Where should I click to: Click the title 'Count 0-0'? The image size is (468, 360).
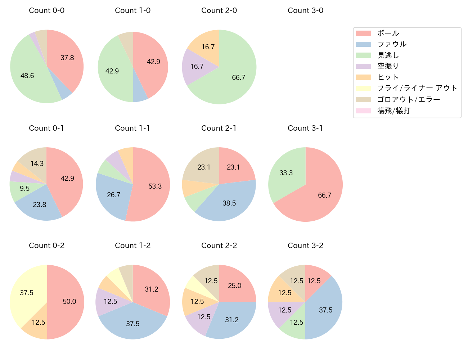click(47, 10)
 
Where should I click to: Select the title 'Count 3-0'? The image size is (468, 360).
click(305, 10)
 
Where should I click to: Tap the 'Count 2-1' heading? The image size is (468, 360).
click(219, 128)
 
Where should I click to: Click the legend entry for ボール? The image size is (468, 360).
click(388, 33)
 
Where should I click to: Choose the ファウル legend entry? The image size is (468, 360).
click(392, 44)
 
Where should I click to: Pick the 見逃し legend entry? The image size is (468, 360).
click(388, 55)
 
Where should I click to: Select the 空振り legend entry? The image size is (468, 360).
click(388, 66)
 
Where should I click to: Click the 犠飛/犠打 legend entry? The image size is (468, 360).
click(394, 111)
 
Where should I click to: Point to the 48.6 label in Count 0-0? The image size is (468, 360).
click(27, 76)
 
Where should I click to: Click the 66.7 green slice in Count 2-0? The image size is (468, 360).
click(238, 77)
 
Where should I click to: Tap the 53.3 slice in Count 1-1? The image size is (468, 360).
click(155, 186)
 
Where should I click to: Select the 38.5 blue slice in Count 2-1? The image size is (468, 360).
click(229, 203)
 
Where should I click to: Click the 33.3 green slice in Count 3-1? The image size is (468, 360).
click(286, 173)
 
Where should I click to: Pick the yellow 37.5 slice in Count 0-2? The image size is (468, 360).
click(27, 293)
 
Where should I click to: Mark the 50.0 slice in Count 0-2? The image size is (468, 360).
click(69, 301)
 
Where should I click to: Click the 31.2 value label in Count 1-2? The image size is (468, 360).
click(152, 289)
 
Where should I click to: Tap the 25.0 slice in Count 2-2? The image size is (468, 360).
click(234, 285)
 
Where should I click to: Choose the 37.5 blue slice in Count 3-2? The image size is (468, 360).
click(325, 310)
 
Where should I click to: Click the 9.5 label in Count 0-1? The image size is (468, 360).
click(25, 188)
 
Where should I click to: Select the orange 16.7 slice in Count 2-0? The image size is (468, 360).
click(208, 47)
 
